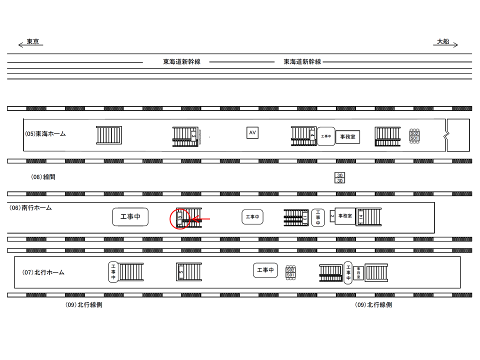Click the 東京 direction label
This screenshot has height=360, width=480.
[33, 41]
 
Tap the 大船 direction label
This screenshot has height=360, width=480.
[443, 41]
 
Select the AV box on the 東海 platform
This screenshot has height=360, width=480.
[252, 132]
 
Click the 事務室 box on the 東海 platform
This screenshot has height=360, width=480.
[347, 136]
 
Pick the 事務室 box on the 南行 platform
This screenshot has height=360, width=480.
[345, 216]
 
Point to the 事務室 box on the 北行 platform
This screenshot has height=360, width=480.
[358, 272]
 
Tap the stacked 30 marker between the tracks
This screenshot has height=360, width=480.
[340, 178]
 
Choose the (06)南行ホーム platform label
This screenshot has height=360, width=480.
[31, 207]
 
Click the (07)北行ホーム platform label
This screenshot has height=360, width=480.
[43, 272]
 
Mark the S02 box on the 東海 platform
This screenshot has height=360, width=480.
[414, 133]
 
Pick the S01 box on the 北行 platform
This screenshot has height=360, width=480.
[290, 275]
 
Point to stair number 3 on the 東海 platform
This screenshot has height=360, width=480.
[193, 135]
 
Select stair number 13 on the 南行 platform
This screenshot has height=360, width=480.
[304, 217]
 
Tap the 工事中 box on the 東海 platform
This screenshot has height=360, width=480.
[326, 136]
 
